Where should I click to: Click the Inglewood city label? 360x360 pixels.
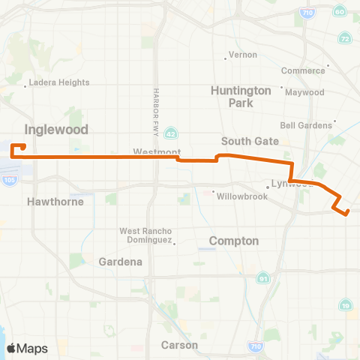coord(56,129)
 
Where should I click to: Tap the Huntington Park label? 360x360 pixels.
coord(241,97)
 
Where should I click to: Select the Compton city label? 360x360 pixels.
coord(234,241)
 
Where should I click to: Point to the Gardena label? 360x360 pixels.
coord(121,262)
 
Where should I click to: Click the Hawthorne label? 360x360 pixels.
coord(55,202)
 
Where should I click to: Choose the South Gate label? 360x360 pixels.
coord(250,141)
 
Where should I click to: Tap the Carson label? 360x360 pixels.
coord(179,345)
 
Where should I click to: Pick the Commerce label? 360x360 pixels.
coord(301,70)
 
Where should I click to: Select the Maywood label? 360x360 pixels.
coord(307,92)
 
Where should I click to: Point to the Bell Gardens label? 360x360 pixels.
coord(305,124)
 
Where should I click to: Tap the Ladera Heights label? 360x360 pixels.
coord(60,82)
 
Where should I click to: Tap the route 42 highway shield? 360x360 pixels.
coord(171,133)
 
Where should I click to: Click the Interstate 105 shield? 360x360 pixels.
coord(9,181)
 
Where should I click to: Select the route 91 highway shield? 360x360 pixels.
coord(264,278)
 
